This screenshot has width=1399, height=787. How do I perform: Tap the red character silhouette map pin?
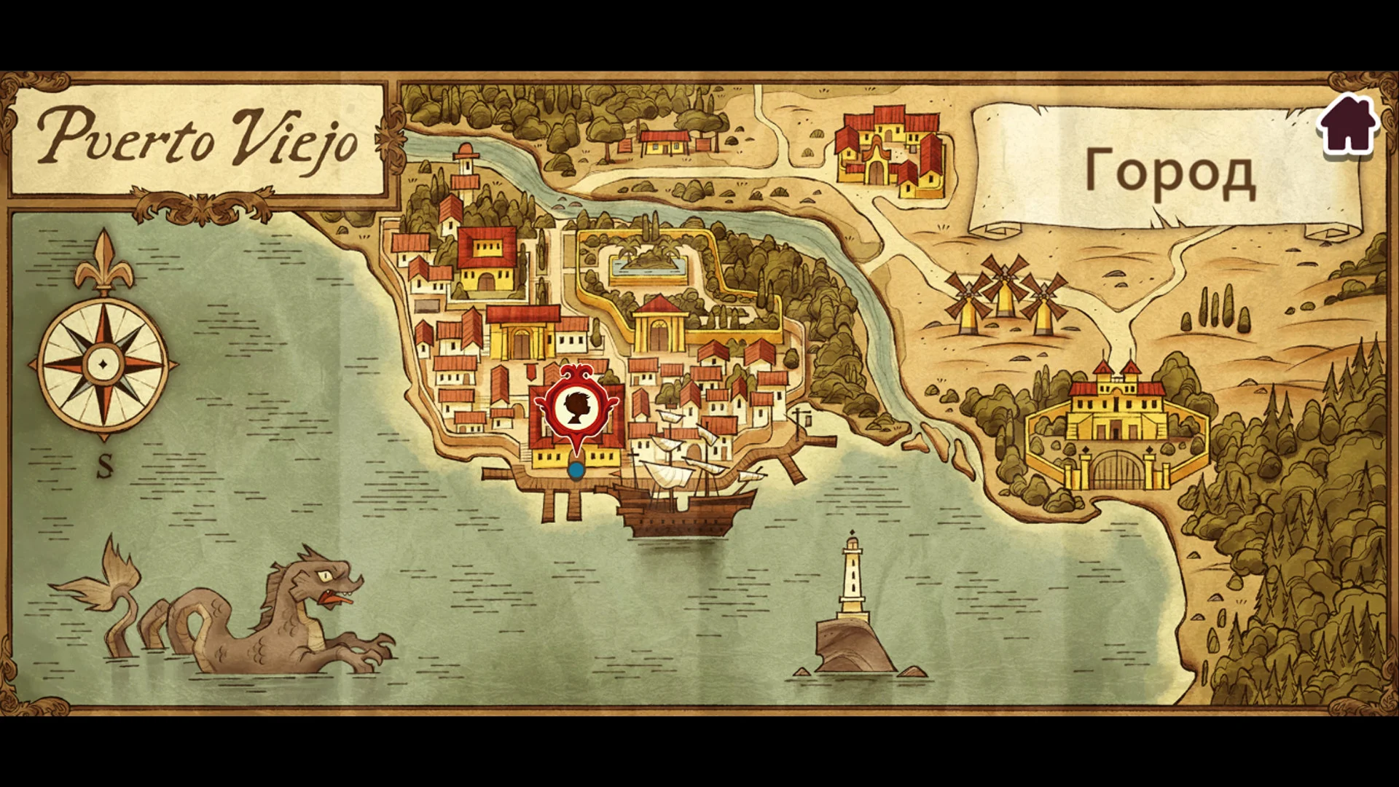click(x=576, y=409)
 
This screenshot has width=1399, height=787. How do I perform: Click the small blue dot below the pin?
click(x=576, y=471)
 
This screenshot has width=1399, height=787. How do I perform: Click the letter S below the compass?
click(x=105, y=466)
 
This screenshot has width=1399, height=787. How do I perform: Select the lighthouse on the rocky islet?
click(x=853, y=583)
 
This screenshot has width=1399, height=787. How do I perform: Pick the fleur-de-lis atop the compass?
click(x=104, y=262)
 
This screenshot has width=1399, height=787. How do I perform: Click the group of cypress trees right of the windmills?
click(x=1217, y=310)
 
